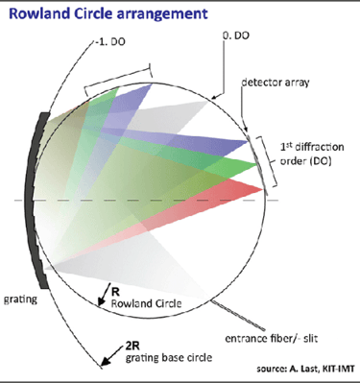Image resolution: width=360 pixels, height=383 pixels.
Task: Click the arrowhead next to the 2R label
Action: pyautogui.click(x=101, y=363)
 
